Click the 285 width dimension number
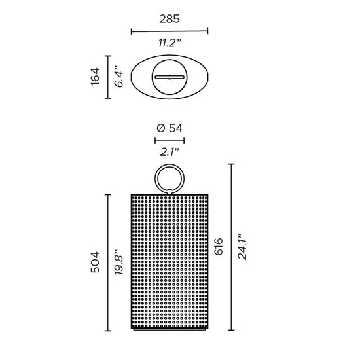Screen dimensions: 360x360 pyautogui.click(x=170, y=19)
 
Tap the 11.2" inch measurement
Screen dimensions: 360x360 pyautogui.click(x=170, y=43)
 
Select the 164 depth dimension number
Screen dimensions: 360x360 pyautogui.click(x=95, y=77)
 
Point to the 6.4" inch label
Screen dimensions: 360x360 pyautogui.click(x=119, y=77)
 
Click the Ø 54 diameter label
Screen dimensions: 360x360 pyautogui.click(x=170, y=128)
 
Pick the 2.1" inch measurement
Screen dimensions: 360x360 pyautogui.click(x=170, y=152)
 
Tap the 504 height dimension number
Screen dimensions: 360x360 pyautogui.click(x=95, y=262)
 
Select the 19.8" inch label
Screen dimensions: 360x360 pyautogui.click(x=119, y=262)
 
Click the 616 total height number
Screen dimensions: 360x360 pyautogui.click(x=219, y=247)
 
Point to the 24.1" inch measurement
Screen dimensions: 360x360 pyautogui.click(x=242, y=247)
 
